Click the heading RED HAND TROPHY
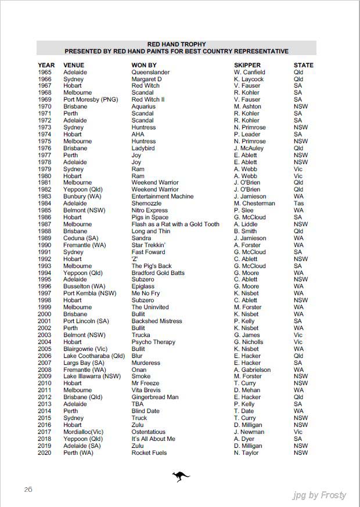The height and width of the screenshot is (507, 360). [x=177, y=44]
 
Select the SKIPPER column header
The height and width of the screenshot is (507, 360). [x=247, y=66]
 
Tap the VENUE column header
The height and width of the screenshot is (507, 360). [x=74, y=66]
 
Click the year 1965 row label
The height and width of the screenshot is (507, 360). [x=45, y=73]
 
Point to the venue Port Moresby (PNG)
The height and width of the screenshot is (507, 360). [x=91, y=100]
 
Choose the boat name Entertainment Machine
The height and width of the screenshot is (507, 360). [x=163, y=197]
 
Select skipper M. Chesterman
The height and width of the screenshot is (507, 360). [x=254, y=204]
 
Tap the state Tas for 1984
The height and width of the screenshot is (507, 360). [x=298, y=204]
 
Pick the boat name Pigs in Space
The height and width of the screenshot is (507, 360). [x=150, y=218]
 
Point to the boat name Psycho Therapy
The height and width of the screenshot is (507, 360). [x=153, y=342]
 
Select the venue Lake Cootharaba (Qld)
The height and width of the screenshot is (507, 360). [x=94, y=356]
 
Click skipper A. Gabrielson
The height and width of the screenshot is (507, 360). [x=252, y=370]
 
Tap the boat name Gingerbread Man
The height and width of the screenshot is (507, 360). [x=155, y=397]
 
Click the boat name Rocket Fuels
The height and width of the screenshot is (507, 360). [x=149, y=453]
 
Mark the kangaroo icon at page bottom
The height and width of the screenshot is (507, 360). [x=181, y=477]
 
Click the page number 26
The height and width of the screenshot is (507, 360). [x=28, y=490]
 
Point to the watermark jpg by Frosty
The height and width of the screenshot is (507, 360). [x=319, y=495]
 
